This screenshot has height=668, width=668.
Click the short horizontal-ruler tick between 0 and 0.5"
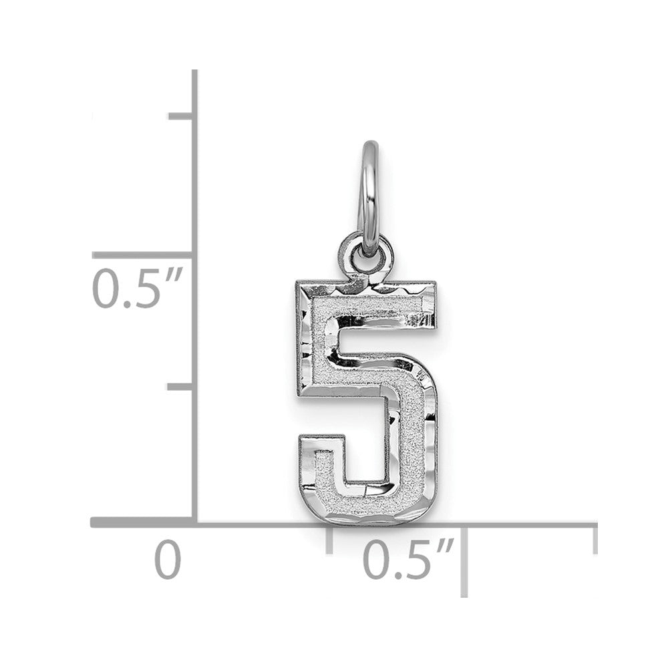(x=329, y=538)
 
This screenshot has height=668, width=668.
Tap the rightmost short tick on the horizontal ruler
(x=594, y=538)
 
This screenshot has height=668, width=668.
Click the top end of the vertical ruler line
(x=194, y=72)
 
